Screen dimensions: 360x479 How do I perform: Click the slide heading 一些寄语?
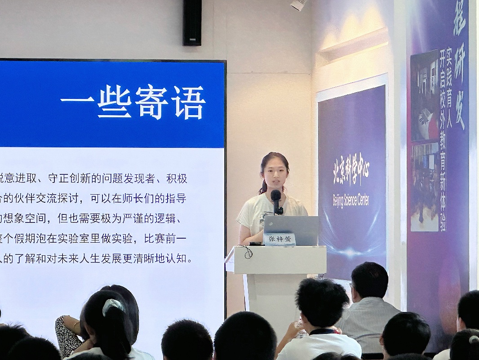[x=133, y=103]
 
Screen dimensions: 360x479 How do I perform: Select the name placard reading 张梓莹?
[x=279, y=239]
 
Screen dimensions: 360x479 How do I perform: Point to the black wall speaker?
[x=192, y=22]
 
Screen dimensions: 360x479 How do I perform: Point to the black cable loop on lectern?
[x=246, y=252]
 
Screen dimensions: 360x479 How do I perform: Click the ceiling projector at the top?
[x=298, y=5]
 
